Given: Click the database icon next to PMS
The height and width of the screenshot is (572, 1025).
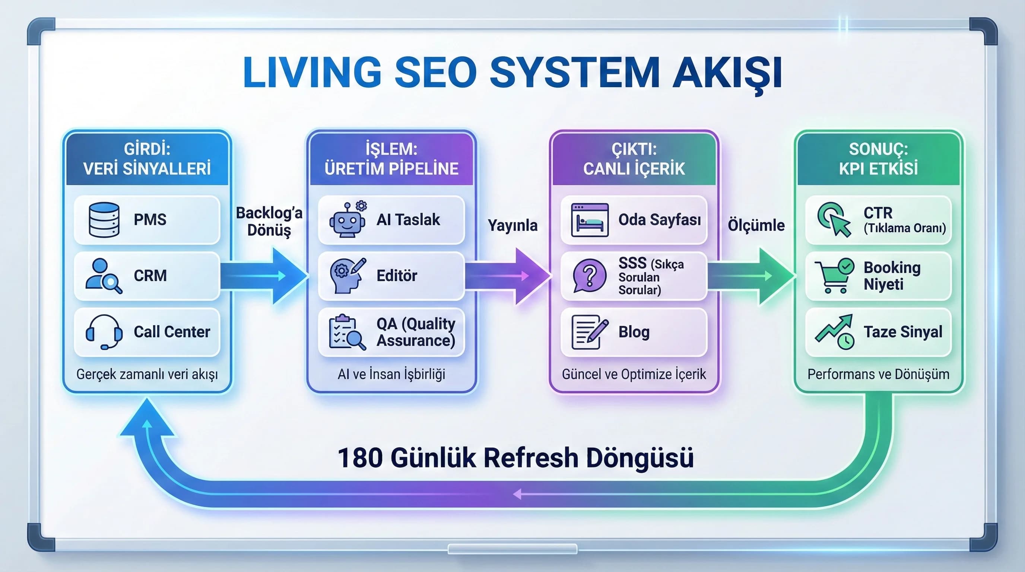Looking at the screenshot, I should point(104,220).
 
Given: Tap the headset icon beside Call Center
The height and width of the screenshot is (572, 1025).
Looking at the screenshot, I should point(104,332).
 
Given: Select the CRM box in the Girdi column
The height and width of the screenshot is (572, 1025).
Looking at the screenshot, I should point(147,276).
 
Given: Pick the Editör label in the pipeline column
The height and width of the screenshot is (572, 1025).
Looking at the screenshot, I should point(397,276).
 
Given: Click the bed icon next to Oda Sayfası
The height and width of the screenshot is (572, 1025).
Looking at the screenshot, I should point(590,220).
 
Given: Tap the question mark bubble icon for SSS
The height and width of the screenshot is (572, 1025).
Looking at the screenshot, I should point(589,276).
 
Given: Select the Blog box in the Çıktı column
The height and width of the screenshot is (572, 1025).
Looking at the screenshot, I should point(634,332).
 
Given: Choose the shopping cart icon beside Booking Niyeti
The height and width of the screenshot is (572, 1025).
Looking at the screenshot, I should point(834,276).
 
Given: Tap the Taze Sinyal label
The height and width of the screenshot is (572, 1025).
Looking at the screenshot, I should point(903,332).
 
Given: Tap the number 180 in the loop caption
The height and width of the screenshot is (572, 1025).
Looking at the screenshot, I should point(360,458).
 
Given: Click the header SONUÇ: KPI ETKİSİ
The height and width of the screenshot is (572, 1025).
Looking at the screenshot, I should point(878,159).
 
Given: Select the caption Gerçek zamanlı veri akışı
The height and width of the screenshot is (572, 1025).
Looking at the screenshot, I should point(147,374).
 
